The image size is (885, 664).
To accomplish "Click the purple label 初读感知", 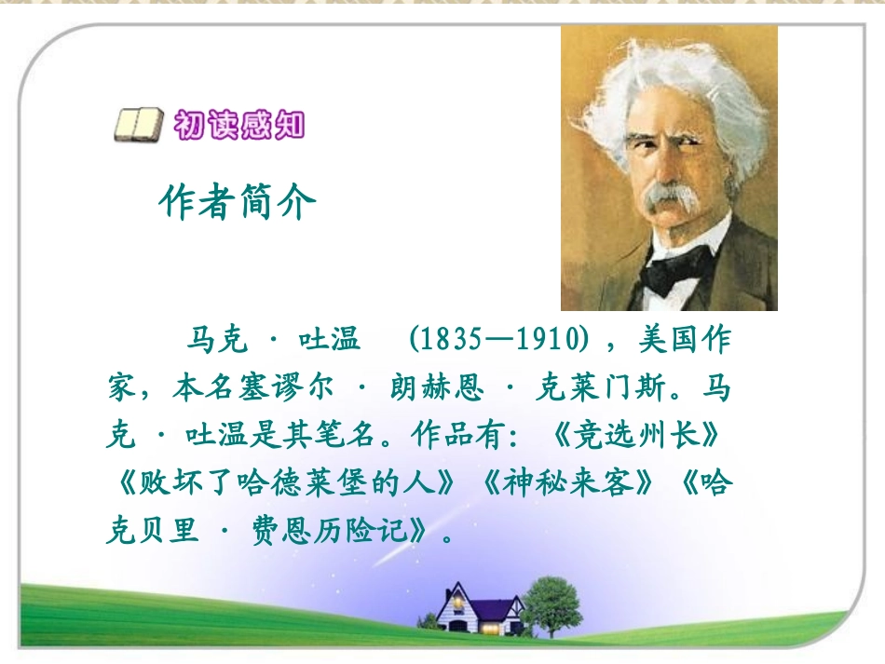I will tap(239, 125).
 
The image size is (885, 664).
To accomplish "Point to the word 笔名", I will tap(349, 437).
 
